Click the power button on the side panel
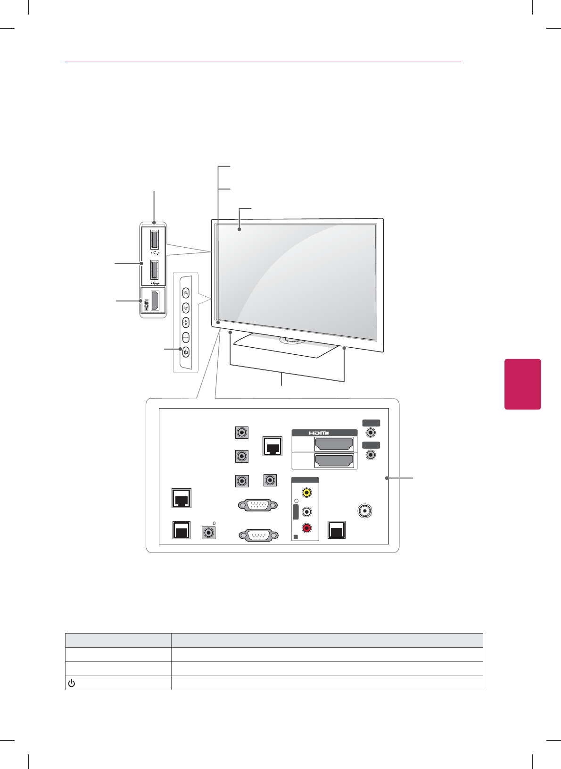pyautogui.click(x=186, y=352)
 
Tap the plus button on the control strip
pyautogui.click(x=186, y=323)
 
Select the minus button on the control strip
pyautogui.click(x=186, y=338)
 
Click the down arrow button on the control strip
pyautogui.click(x=186, y=308)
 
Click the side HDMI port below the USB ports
pyautogui.click(x=154, y=300)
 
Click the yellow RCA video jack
pyautogui.click(x=307, y=493)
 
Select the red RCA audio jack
pyautogui.click(x=307, y=528)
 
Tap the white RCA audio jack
pyautogui.click(x=307, y=511)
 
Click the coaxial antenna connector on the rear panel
pyautogui.click(x=364, y=511)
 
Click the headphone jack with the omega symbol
pyautogui.click(x=208, y=533)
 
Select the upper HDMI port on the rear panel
pyautogui.click(x=334, y=444)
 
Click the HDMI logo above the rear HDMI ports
pyautogui.click(x=319, y=433)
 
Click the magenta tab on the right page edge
pyautogui.click(x=522, y=384)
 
